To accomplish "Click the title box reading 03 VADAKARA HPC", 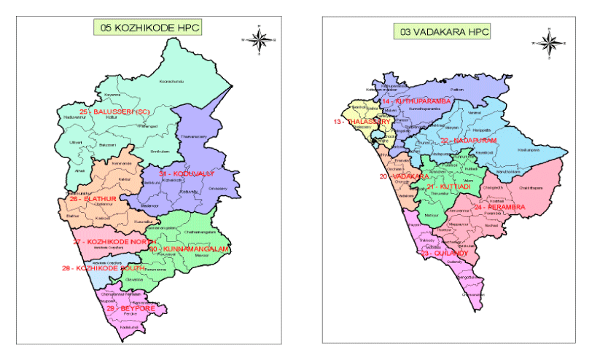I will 442,31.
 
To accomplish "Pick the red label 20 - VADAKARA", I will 400,176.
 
